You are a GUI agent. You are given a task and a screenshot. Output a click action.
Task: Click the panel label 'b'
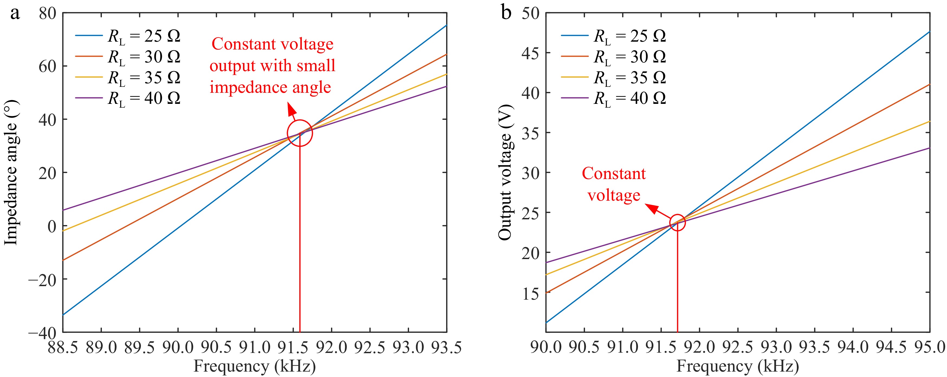coord(506,13)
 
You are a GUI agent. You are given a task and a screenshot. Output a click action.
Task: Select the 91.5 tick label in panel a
coord(293,347)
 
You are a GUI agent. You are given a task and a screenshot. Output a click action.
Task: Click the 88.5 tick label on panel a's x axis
coord(63,347)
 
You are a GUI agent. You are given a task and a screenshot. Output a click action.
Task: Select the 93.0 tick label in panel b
coord(776,347)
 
